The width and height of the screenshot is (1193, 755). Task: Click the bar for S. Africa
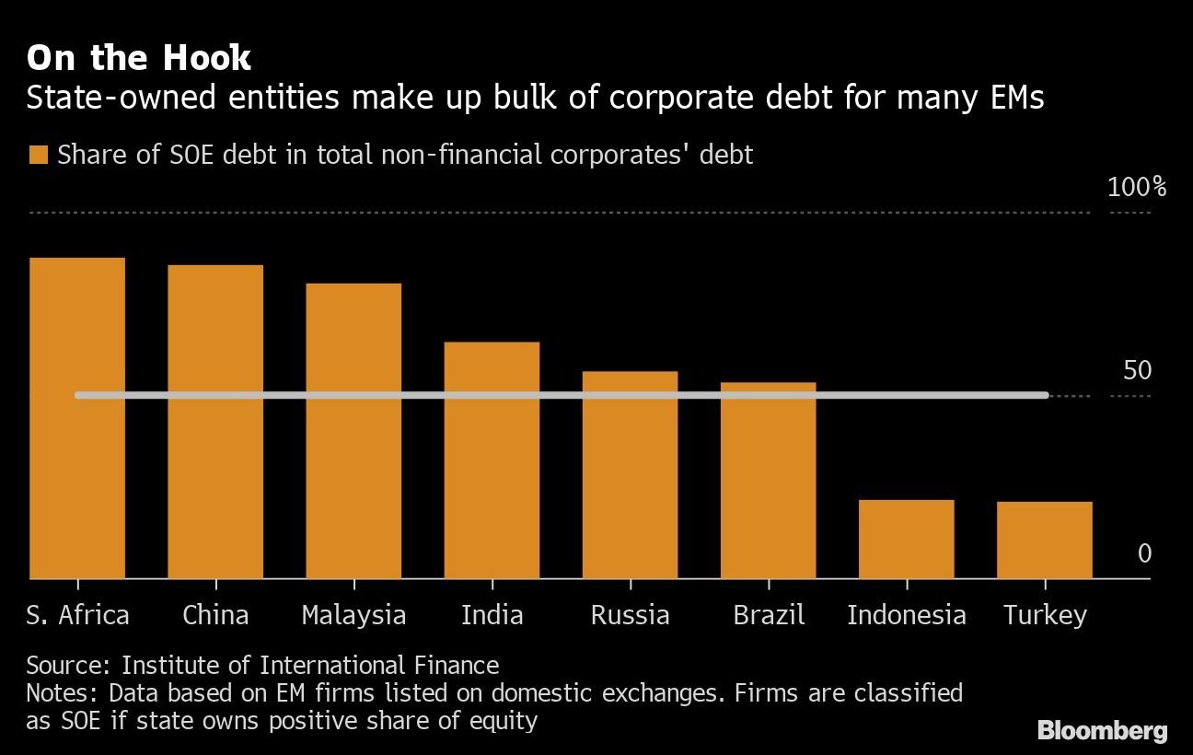[x=77, y=418]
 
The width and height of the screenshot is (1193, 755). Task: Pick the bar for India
[x=492, y=460]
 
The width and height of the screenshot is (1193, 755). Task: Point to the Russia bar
[x=630, y=475]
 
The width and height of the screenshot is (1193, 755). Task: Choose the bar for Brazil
[x=768, y=481]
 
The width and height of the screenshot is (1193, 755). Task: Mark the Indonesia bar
[x=906, y=540]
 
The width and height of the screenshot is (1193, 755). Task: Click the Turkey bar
[x=1044, y=540]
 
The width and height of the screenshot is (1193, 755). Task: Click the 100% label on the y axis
[x=1136, y=188]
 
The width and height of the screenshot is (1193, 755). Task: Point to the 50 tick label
[x=1137, y=371]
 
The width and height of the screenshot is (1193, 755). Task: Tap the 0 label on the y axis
[x=1144, y=553]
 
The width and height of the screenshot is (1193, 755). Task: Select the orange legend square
[x=38, y=155]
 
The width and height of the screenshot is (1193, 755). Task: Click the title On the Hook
[x=138, y=58]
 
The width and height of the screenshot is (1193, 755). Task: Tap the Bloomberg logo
[x=1102, y=731]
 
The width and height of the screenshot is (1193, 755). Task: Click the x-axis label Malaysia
[x=353, y=615]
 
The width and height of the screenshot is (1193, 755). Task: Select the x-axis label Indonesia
[x=906, y=615]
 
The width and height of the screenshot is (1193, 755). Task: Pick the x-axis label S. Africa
[x=77, y=615]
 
